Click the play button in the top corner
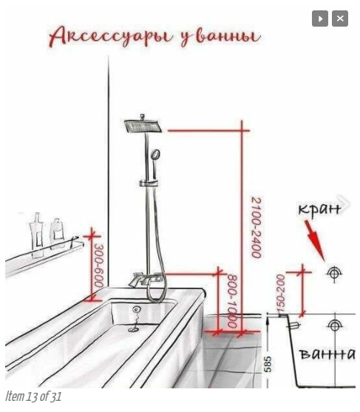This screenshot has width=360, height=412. click(x=320, y=18)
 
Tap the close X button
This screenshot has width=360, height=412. click(x=340, y=18)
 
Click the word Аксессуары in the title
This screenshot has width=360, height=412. click(x=111, y=36)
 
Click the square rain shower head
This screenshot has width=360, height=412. click(x=143, y=126)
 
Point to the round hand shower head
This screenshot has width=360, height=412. click(x=155, y=155)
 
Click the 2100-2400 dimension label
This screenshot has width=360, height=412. click(x=257, y=228)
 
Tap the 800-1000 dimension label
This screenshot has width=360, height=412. click(x=232, y=301)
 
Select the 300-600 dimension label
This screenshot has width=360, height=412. click(x=99, y=266)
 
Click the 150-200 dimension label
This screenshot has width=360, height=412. click(x=280, y=295)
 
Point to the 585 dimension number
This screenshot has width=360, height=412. click(x=268, y=365)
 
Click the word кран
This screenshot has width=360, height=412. click(x=319, y=209)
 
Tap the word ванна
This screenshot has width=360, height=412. click(x=327, y=354)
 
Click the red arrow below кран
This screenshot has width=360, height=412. click(x=314, y=240)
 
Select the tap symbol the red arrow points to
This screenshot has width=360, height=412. click(x=333, y=273)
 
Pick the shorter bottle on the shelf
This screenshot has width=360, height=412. click(x=57, y=233)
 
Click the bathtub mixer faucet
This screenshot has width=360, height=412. click(x=145, y=280)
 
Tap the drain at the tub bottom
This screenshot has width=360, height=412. click(x=134, y=328)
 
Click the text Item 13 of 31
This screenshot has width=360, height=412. click(x=33, y=396)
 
